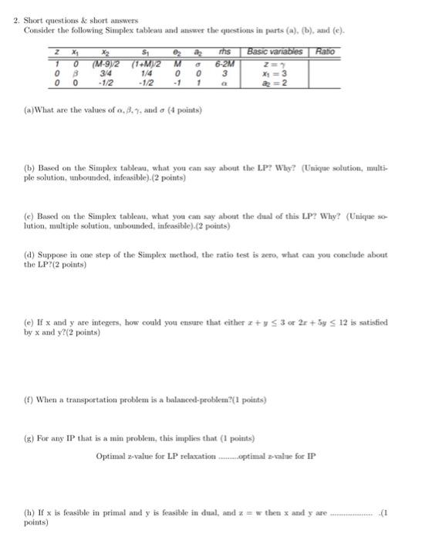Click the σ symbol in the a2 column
pyautogui.click(x=201, y=62)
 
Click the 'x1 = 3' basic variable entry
pyautogui.click(x=275, y=72)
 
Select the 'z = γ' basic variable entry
pyautogui.click(x=275, y=62)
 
